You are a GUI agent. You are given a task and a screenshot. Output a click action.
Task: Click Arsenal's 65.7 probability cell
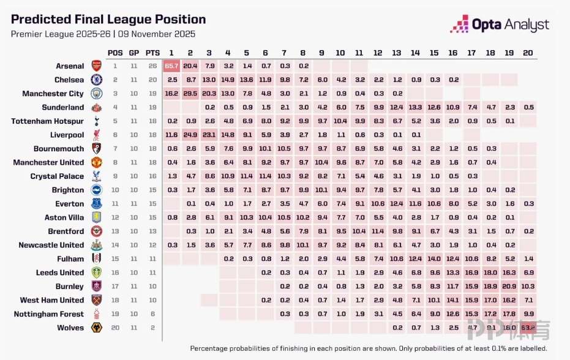click(x=171, y=66)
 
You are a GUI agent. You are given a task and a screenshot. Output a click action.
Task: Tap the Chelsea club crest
click(x=97, y=80)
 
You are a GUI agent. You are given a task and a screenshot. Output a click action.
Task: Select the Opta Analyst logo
click(x=500, y=25)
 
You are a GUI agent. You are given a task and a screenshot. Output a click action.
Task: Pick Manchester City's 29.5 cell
click(x=190, y=94)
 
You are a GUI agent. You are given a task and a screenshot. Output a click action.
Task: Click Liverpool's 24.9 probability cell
click(x=190, y=135)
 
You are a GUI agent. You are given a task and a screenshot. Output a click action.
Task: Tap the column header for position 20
click(x=528, y=53)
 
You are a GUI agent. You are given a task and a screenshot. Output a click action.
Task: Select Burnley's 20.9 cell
click(x=509, y=287)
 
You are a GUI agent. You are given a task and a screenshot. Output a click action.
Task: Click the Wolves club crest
click(x=97, y=328)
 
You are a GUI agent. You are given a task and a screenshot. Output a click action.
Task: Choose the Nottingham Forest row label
click(x=49, y=314)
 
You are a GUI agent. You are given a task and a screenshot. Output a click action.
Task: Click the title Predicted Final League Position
click(x=108, y=20)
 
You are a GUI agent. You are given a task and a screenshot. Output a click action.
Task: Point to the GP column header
click(x=133, y=53)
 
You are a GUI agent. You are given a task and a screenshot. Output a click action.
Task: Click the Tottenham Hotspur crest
click(x=97, y=121)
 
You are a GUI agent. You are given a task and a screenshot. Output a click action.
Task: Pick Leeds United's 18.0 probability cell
click(x=490, y=272)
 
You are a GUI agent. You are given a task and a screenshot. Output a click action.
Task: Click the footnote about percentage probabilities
click(x=361, y=348)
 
